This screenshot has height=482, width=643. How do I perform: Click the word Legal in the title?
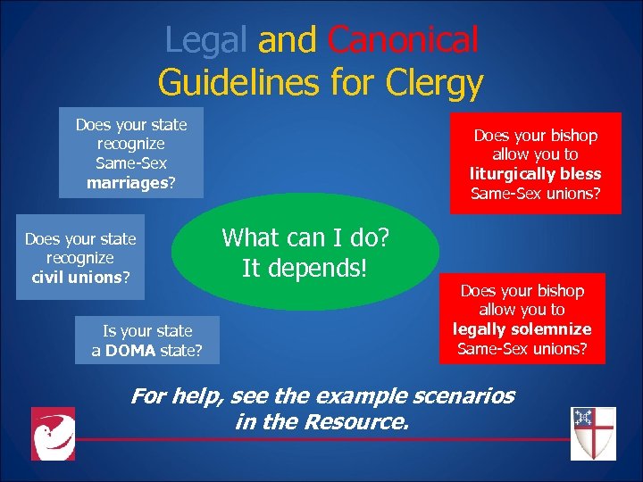(x=208, y=40)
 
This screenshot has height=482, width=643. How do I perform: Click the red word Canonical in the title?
(x=403, y=40)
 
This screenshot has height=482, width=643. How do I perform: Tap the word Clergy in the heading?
(x=435, y=83)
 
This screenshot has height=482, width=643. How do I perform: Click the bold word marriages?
(x=127, y=183)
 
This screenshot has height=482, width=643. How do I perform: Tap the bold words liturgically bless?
(x=535, y=174)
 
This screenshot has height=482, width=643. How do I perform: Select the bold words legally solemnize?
(x=522, y=329)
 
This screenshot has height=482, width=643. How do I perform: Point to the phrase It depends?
(x=305, y=267)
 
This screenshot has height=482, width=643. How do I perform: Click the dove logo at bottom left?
(x=53, y=434)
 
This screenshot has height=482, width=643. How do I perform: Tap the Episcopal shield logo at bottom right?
(x=593, y=433)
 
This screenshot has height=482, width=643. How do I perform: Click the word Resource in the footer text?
(x=361, y=421)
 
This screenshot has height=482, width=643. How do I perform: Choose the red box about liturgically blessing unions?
(x=535, y=163)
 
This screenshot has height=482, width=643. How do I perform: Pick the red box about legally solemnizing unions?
(x=522, y=319)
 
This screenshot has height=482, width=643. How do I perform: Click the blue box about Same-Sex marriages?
(x=131, y=153)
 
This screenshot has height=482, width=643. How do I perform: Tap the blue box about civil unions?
(x=80, y=258)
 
